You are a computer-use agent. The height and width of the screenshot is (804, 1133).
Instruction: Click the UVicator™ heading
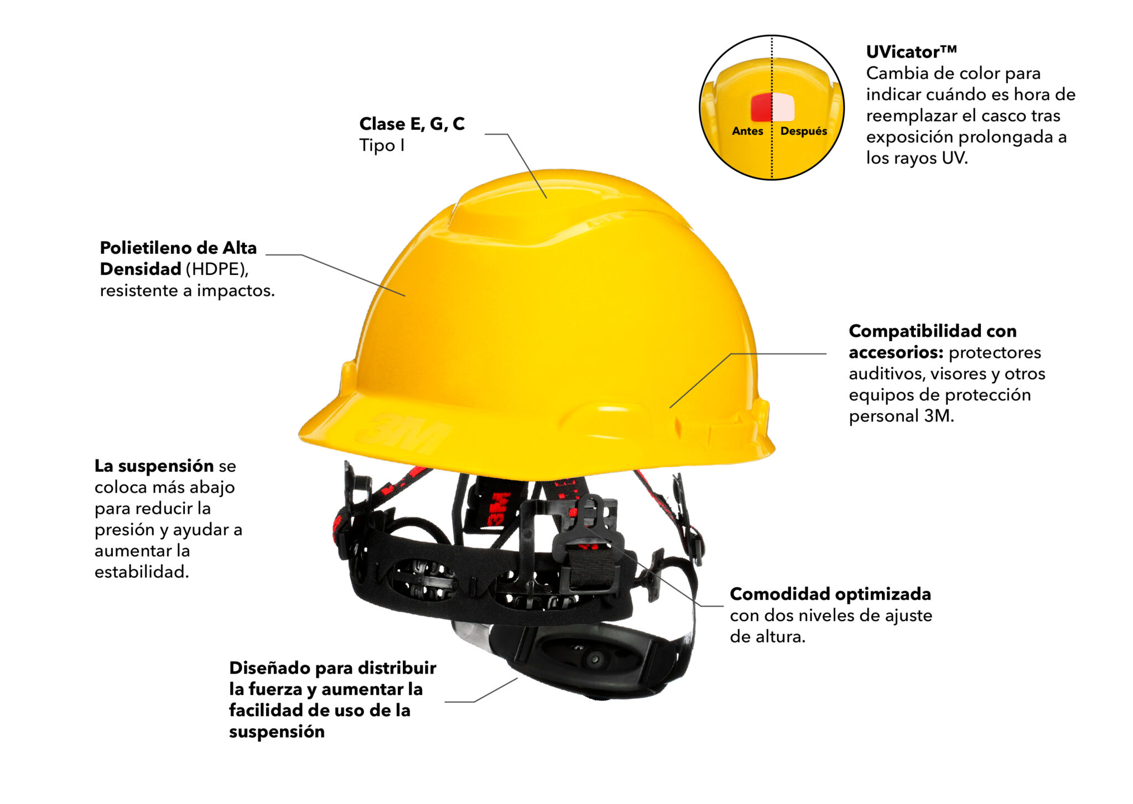pyautogui.click(x=911, y=52)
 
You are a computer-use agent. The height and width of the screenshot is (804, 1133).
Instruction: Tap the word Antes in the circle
pyautogui.click(x=747, y=131)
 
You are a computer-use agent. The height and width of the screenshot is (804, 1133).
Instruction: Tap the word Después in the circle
pyautogui.click(x=803, y=131)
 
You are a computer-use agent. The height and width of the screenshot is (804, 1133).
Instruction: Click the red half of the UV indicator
pyautogui.click(x=761, y=107)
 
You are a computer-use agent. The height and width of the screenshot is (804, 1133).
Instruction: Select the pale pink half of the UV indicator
pyautogui.click(x=783, y=107)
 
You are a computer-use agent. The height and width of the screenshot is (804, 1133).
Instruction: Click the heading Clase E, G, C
pyautogui.click(x=412, y=124)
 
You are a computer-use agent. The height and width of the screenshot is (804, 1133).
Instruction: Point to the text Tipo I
pyautogui.click(x=382, y=145)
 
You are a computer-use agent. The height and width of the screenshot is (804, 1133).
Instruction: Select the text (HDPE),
pyautogui.click(x=217, y=269)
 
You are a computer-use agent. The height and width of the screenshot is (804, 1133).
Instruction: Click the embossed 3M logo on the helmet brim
pyautogui.click(x=403, y=432)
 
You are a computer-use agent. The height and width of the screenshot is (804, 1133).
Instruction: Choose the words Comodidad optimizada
pyautogui.click(x=830, y=594)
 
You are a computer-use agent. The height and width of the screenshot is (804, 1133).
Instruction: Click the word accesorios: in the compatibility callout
pyautogui.click(x=896, y=352)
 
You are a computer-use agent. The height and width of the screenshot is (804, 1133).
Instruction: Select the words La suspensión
pyautogui.click(x=154, y=466)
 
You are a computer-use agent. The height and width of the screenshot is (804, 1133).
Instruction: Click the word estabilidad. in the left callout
pyautogui.click(x=142, y=572)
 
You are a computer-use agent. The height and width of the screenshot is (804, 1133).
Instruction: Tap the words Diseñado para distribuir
pyautogui.click(x=332, y=668)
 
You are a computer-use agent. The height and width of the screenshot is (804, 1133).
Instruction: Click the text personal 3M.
pyautogui.click(x=901, y=416)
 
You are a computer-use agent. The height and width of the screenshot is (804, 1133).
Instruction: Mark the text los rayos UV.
pyautogui.click(x=917, y=158)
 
